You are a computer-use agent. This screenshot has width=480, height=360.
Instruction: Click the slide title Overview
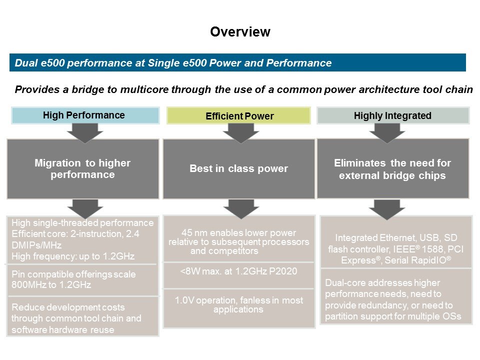click(240, 32)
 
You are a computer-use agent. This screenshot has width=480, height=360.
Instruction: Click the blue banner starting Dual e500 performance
click(237, 63)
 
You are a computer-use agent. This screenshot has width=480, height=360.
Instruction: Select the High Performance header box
click(83, 115)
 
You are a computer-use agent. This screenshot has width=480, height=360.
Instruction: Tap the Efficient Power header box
click(239, 116)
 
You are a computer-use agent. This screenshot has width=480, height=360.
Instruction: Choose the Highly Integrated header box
click(392, 115)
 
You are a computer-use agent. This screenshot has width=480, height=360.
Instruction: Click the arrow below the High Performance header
click(83, 132)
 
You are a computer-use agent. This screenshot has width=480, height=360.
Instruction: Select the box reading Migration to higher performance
click(82, 169)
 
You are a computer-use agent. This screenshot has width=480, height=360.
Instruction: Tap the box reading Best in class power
click(238, 169)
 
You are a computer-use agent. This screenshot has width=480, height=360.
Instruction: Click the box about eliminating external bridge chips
click(392, 169)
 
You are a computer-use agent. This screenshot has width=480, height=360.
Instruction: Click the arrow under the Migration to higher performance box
click(83, 207)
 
